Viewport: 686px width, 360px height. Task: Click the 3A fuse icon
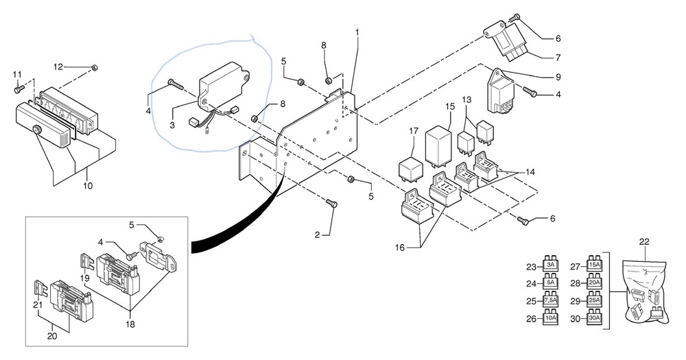coord(550,264)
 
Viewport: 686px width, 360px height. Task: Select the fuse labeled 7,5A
coord(550,300)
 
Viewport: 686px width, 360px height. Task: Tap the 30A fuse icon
coord(595,317)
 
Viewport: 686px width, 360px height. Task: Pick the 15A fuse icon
coord(595,264)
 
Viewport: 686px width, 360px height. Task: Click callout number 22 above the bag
coord(644,242)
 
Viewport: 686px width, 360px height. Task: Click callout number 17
coord(414,131)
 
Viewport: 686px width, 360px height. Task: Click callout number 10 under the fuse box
coord(88,186)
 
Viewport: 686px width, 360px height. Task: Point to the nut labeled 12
coord(95,67)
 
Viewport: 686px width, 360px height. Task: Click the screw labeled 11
coord(19,88)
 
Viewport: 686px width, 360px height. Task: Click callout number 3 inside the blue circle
coord(172,125)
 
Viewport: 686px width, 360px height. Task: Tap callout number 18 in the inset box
coord(130,324)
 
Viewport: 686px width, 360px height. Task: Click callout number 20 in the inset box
coord(53,337)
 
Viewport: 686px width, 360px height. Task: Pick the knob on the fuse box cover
coord(37,130)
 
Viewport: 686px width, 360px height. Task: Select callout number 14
coord(530,172)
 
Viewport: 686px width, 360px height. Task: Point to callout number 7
coord(558,58)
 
